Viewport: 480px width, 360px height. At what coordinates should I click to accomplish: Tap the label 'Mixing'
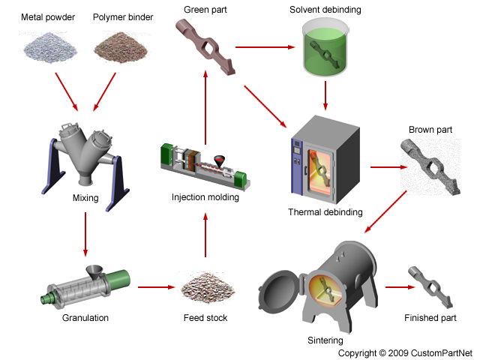point(85,199)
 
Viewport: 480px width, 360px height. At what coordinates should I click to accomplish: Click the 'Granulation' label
point(85,318)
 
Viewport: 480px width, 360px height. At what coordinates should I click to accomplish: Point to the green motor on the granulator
point(121,280)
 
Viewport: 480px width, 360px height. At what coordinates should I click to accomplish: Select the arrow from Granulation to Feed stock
point(156,287)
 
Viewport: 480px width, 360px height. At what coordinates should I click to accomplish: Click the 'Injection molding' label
point(205,198)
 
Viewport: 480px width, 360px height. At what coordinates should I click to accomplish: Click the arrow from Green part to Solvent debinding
point(264,47)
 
